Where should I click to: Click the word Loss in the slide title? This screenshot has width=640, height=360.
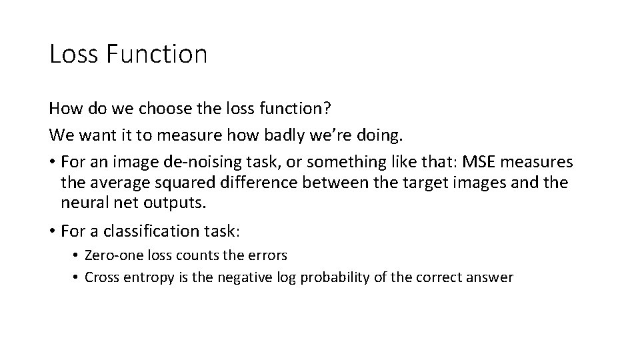[73, 54]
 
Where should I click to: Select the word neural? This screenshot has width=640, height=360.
[81, 201]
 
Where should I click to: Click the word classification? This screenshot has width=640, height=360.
[153, 231]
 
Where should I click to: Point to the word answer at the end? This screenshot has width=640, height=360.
[492, 277]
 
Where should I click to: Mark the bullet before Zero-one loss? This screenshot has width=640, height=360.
[77, 255]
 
